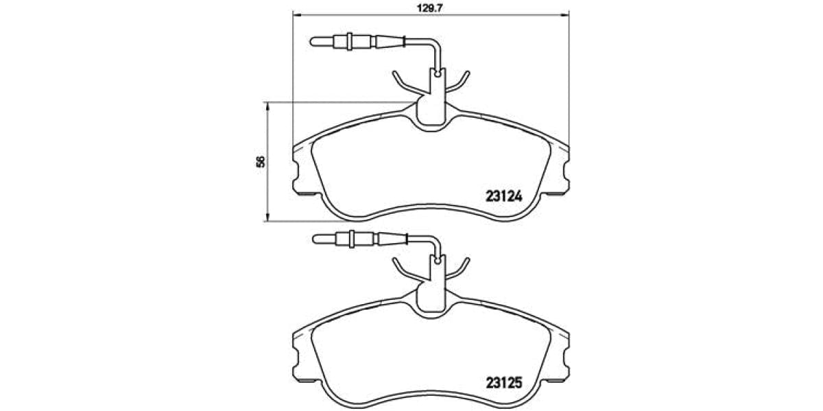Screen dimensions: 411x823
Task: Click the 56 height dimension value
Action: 260,162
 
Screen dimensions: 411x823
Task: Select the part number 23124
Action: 504,195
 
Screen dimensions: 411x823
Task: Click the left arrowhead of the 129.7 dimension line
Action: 296,13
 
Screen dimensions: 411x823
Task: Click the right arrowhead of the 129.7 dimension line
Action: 566,13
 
